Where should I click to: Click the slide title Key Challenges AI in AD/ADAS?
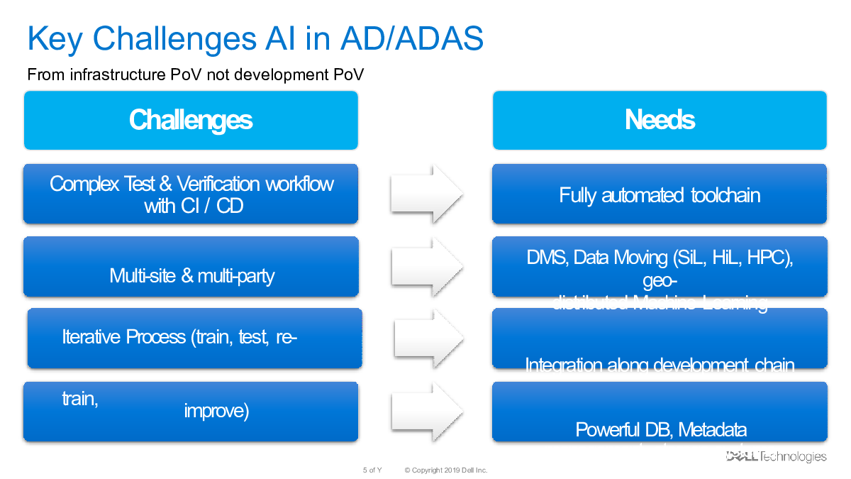pyautogui.click(x=255, y=39)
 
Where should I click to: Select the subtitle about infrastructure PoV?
pyautogui.click(x=195, y=75)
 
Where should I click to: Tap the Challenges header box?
pyautogui.click(x=191, y=120)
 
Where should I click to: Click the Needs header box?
pyautogui.click(x=660, y=120)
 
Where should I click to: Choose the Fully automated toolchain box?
pyautogui.click(x=660, y=194)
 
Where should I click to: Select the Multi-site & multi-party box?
pyautogui.click(x=191, y=275)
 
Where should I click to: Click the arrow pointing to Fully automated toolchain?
pyautogui.click(x=427, y=194)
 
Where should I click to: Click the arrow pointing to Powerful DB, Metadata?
pyautogui.click(x=427, y=411)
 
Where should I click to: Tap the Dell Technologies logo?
pyautogui.click(x=776, y=456)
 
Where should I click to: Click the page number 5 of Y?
pyautogui.click(x=372, y=470)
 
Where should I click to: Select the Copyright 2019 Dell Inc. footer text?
pyautogui.click(x=446, y=470)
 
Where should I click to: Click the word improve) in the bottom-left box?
pyautogui.click(x=216, y=411)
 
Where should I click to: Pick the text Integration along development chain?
pyautogui.click(x=660, y=365)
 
